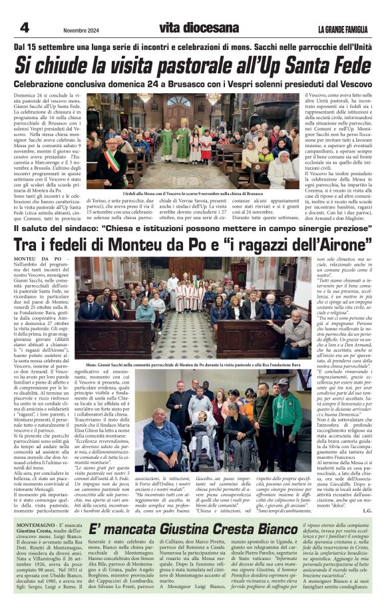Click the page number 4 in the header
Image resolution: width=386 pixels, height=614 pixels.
24,27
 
